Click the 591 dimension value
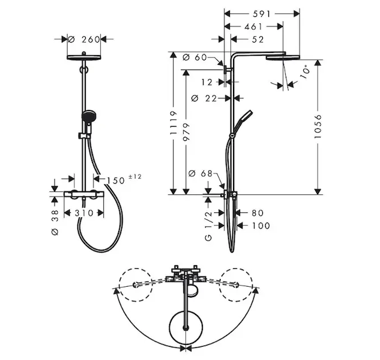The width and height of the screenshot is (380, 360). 262,14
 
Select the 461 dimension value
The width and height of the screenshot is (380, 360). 253,26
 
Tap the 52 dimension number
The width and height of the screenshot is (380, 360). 258,40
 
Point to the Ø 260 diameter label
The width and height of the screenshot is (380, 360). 84,39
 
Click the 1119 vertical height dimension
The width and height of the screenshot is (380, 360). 173,123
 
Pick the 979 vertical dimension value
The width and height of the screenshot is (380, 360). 186,132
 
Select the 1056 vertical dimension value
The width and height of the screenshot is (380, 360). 318,127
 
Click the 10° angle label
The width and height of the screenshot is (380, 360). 305,71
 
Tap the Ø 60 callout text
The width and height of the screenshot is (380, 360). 195,58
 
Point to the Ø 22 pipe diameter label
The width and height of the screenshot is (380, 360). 204,98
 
